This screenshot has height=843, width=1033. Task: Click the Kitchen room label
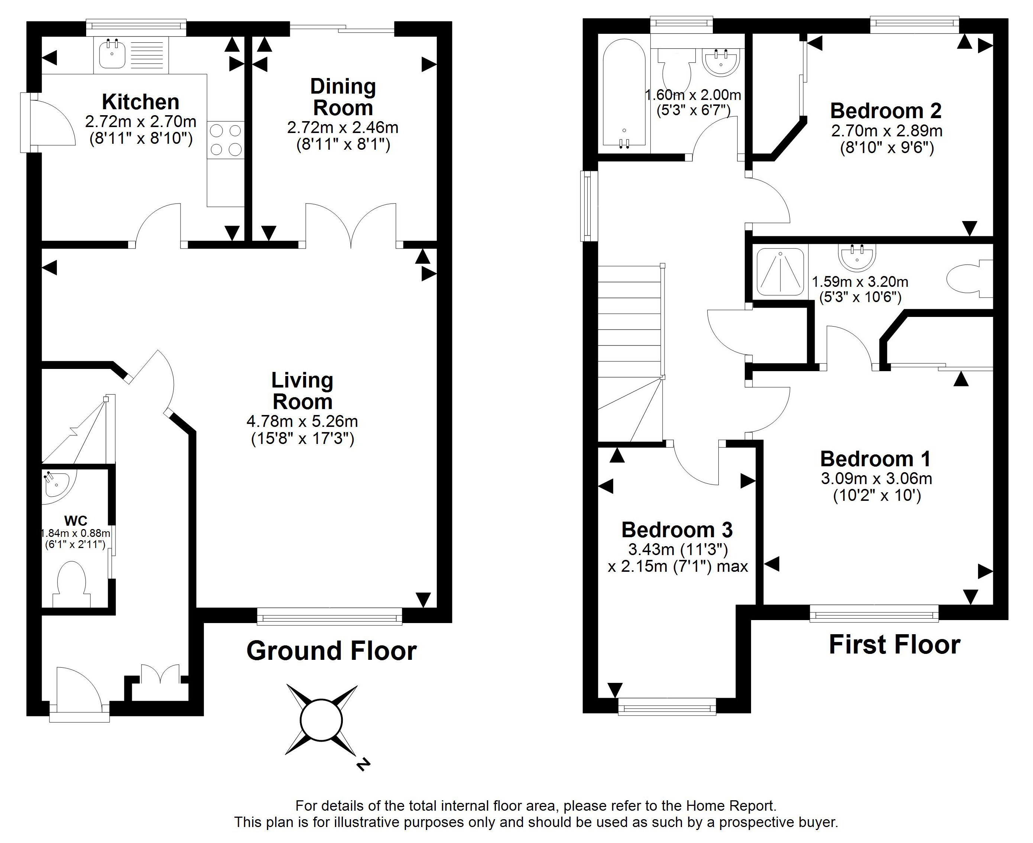pos(140,102)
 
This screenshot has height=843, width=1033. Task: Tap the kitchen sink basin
pos(112,54)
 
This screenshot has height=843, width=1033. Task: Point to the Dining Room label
pos(343,97)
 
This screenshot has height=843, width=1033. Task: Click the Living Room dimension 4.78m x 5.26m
pos(302,421)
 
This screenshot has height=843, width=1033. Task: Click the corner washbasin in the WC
pos(58,484)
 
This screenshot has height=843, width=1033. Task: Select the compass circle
pos(321,720)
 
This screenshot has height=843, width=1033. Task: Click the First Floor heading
pos(895,645)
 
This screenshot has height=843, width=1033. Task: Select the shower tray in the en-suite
pos(780,272)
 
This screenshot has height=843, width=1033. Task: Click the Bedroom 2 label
pos(886,111)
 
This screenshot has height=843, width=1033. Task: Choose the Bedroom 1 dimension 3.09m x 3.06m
pos(876,478)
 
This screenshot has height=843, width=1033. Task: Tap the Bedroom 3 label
pos(677,530)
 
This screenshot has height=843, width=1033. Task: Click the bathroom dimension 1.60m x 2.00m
pos(693,95)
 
